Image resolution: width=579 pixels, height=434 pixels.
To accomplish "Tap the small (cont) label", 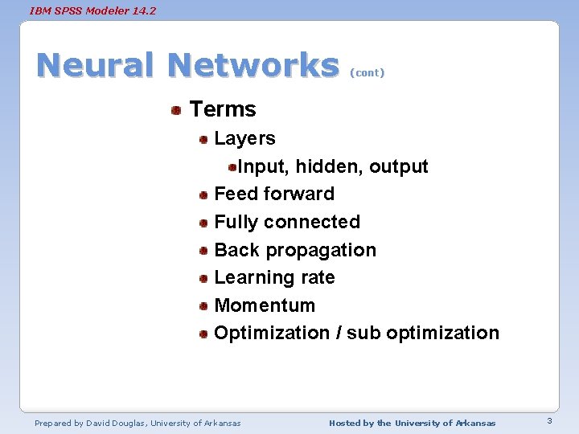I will coord(368,73).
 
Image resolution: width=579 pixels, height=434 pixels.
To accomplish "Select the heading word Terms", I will coord(223,109).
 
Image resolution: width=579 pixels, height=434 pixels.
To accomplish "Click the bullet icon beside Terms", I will coord(175,110).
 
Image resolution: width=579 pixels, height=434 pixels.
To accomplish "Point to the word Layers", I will coord(244,138).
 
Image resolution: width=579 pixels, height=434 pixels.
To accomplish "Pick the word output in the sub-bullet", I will coord(399,166).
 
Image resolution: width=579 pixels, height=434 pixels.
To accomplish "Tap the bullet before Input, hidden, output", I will coord(232,167).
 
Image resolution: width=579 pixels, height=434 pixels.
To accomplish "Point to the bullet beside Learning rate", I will coord(204,278).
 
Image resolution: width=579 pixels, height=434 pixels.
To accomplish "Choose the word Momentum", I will coord(265,305).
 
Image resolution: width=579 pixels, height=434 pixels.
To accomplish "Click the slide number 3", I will coord(548,421).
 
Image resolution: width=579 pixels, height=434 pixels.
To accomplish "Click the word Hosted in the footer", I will coord(345,423).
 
